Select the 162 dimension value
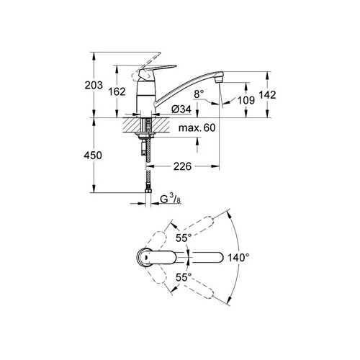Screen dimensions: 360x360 click(127, 91)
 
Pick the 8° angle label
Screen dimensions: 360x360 click(199, 94)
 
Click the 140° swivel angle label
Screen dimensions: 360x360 click(238, 257)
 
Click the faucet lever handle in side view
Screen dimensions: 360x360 click(158, 66)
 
